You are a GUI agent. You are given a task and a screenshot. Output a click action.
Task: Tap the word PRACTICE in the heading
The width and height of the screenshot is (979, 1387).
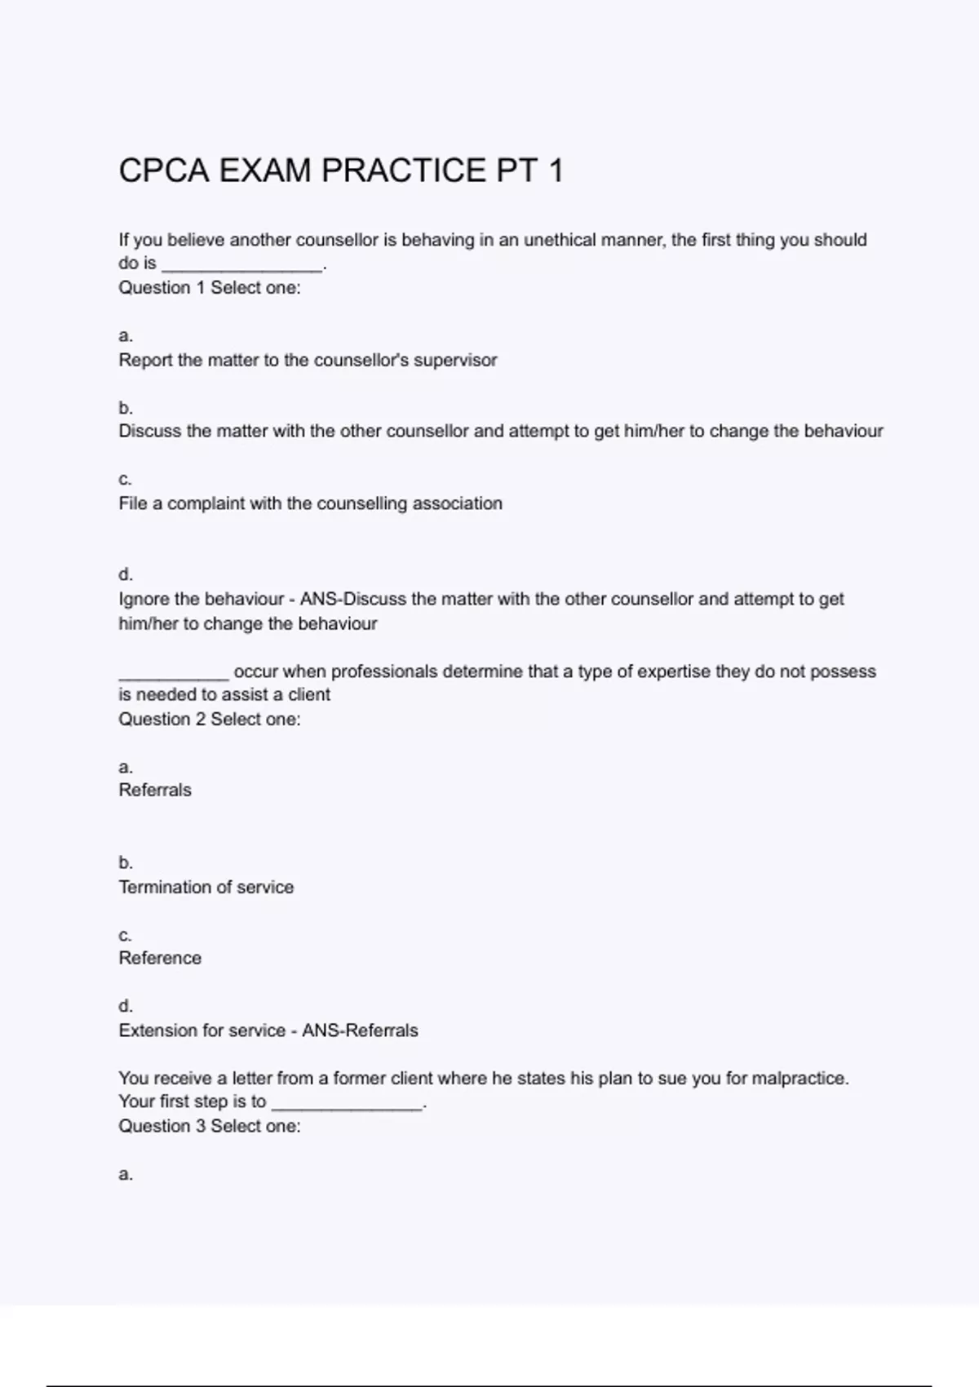(404, 171)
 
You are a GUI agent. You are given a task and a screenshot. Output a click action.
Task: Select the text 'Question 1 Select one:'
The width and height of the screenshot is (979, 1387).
(210, 288)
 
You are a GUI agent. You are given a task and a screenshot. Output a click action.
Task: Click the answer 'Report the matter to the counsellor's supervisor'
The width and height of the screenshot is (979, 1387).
(308, 360)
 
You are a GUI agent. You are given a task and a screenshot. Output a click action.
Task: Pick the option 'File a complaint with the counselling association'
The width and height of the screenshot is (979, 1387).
(310, 503)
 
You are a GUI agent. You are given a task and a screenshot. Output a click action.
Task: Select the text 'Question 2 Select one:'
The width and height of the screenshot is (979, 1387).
(210, 720)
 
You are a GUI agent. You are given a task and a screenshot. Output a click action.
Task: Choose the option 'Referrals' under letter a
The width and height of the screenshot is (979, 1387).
(155, 791)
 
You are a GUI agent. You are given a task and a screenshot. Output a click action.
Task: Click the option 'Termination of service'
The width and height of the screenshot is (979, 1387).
(206, 887)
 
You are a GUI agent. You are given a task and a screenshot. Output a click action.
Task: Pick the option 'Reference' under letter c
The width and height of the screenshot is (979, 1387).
(160, 959)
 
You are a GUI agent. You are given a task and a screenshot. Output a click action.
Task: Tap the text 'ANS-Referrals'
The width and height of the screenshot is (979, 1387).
(360, 1030)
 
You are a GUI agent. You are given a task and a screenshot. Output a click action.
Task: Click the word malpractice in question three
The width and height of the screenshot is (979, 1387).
(798, 1079)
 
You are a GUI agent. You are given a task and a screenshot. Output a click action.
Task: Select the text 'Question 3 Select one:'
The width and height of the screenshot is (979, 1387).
(210, 1127)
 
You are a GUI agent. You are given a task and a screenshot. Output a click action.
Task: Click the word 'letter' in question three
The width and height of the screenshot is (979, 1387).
(252, 1079)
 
